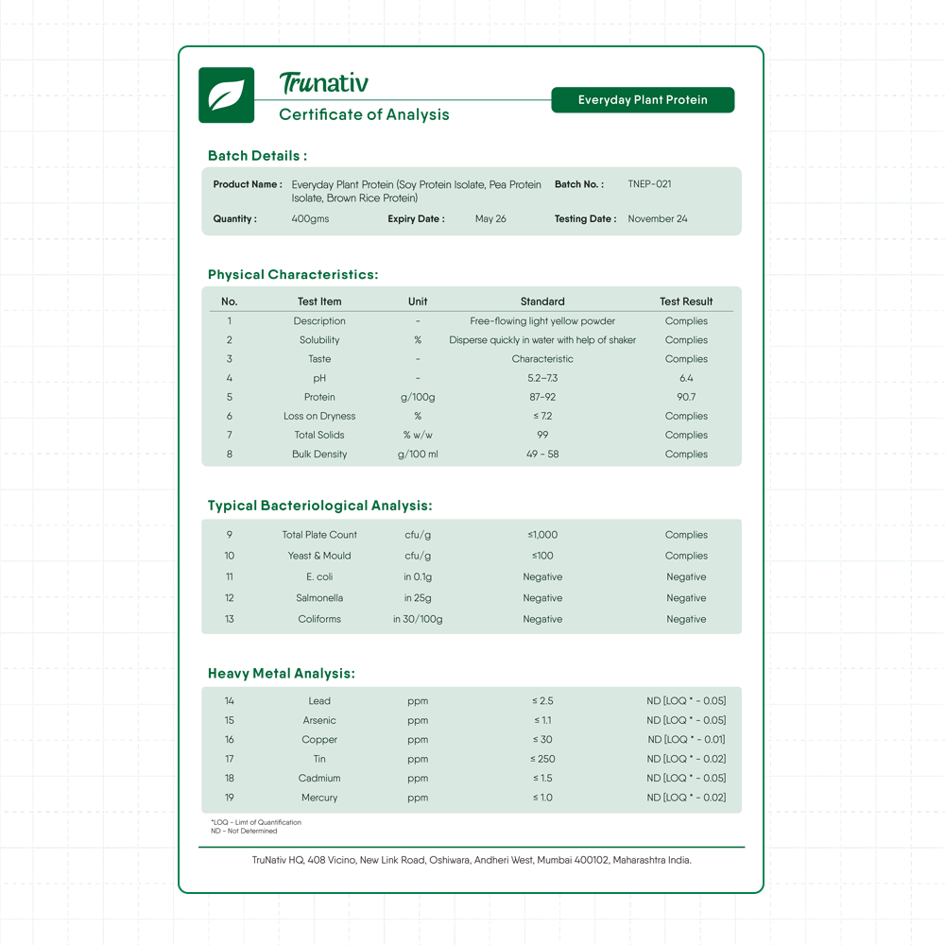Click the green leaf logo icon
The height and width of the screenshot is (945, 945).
pyautogui.click(x=226, y=95)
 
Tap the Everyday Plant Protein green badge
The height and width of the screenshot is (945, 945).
pyautogui.click(x=643, y=100)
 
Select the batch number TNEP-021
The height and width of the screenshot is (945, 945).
pyautogui.click(x=649, y=184)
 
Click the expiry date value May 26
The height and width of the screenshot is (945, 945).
pyautogui.click(x=490, y=219)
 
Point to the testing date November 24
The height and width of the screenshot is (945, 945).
pyautogui.click(x=658, y=219)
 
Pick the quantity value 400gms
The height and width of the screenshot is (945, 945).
pyautogui.click(x=310, y=219)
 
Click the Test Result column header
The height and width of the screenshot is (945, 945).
pyautogui.click(x=686, y=301)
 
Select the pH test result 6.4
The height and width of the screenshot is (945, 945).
pyautogui.click(x=686, y=378)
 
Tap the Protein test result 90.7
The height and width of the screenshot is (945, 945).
pyautogui.click(x=686, y=397)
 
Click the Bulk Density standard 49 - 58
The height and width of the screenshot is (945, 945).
pyautogui.click(x=542, y=455)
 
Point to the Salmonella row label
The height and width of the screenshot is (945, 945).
pyautogui.click(x=319, y=598)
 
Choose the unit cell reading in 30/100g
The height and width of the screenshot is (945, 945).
pyautogui.click(x=418, y=620)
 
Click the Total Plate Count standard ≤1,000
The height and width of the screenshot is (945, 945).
pyautogui.click(x=542, y=535)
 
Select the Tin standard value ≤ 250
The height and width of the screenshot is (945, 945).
pyautogui.click(x=542, y=760)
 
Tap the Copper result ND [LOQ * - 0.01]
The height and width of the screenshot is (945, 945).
pyautogui.click(x=686, y=740)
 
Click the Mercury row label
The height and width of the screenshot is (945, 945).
pyautogui.click(x=319, y=798)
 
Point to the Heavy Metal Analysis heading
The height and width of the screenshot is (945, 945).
pyautogui.click(x=282, y=674)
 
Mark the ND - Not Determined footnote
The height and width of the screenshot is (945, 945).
pyautogui.click(x=244, y=831)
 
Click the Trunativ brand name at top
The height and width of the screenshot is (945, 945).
pyautogui.click(x=324, y=84)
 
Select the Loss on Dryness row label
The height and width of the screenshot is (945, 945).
pyautogui.click(x=319, y=416)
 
